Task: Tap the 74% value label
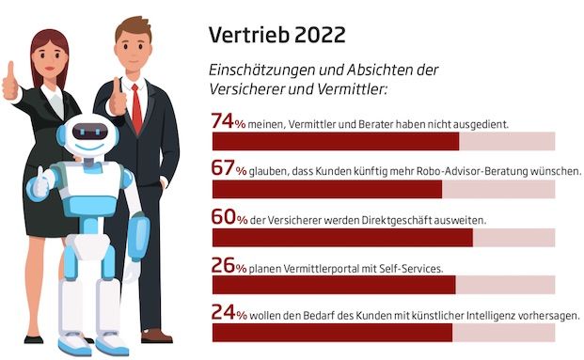point(229,121)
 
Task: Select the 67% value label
point(229,170)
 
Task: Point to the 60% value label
point(229,218)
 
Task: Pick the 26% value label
point(229,267)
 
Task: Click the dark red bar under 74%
point(335,141)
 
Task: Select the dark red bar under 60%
point(341,238)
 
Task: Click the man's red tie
point(136,107)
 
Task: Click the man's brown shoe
point(155,334)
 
